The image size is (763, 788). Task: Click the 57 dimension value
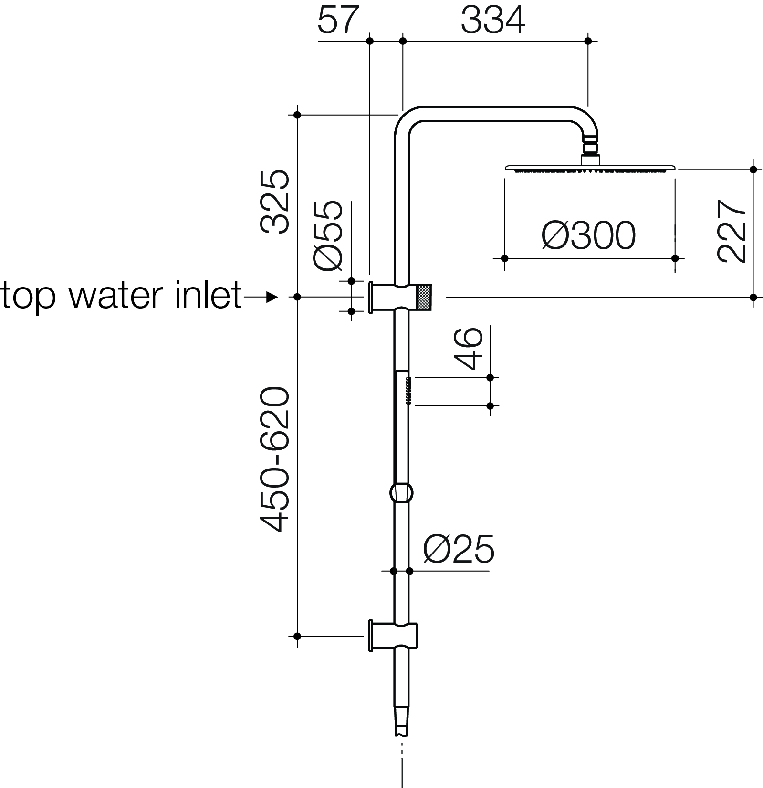pyautogui.click(x=337, y=21)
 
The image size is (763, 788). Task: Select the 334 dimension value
pyautogui.click(x=493, y=21)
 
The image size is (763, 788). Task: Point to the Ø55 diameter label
pyautogui.click(x=328, y=236)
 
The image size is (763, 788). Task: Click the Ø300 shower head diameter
pyautogui.click(x=589, y=235)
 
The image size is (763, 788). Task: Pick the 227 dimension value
pyautogui.click(x=732, y=231)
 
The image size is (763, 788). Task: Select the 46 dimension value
pyautogui.click(x=469, y=349)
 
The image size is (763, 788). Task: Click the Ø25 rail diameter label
pyautogui.click(x=459, y=549)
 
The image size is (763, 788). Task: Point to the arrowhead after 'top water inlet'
pyautogui.click(x=272, y=297)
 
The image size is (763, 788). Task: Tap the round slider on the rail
pyautogui.click(x=401, y=492)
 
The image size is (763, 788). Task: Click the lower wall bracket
pyautogui.click(x=393, y=636)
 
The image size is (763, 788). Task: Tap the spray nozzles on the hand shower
pyautogui.click(x=408, y=391)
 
